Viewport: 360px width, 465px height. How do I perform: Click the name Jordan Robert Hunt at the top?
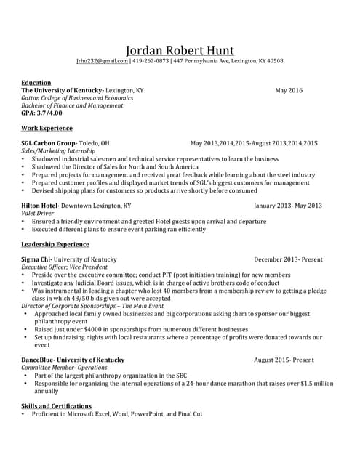point(180,50)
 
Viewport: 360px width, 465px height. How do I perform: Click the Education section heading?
point(36,83)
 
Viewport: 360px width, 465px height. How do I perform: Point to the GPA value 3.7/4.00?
point(52,113)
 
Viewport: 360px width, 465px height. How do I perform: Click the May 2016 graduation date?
point(289,91)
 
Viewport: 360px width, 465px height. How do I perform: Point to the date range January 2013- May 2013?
point(288,206)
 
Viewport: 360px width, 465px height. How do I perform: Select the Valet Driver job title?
point(39,214)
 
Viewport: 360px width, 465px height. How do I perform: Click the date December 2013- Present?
point(288,259)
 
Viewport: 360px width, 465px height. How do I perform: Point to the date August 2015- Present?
point(284,360)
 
